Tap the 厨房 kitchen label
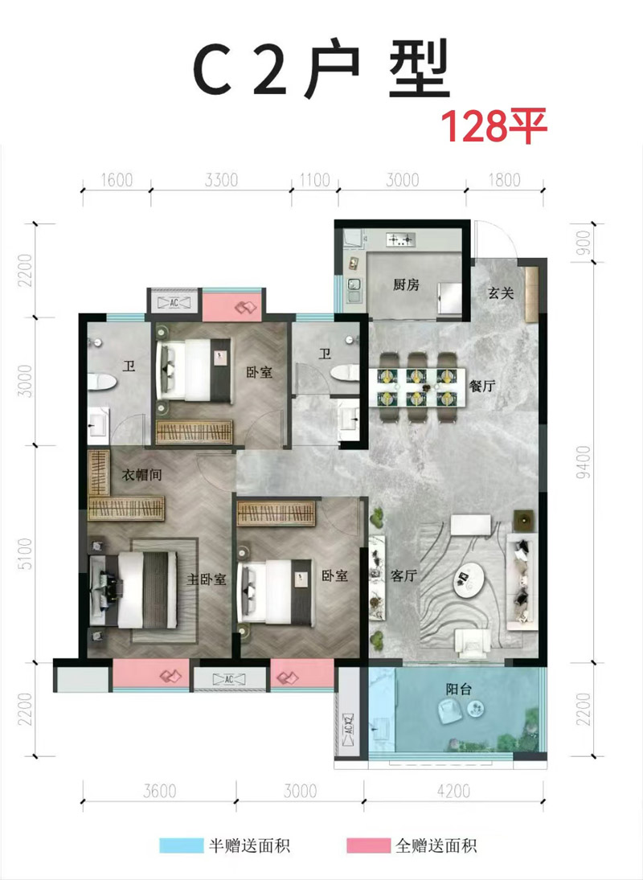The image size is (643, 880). click(x=406, y=284)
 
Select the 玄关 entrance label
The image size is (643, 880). click(x=501, y=293)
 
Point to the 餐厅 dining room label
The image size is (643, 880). click(x=482, y=386)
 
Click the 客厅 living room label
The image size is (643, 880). click(x=404, y=575)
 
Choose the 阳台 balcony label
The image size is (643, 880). click(x=458, y=689)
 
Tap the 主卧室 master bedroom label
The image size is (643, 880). click(x=207, y=579)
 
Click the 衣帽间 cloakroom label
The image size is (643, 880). click(x=142, y=475)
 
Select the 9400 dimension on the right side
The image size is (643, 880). click(x=583, y=461)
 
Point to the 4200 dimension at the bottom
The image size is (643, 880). click(x=453, y=791)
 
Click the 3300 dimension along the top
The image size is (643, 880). click(x=221, y=179)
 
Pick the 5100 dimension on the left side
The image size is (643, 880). click(x=25, y=554)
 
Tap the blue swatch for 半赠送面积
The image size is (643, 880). click(x=181, y=845)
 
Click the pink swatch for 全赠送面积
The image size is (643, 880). click(x=368, y=845)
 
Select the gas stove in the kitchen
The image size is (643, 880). click(x=400, y=240)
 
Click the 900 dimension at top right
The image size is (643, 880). click(x=583, y=243)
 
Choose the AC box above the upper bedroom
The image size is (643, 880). click(x=174, y=302)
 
